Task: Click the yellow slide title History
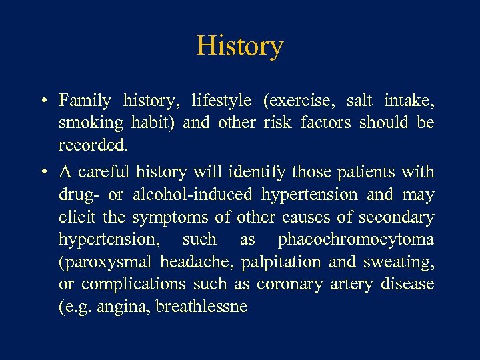click(x=240, y=46)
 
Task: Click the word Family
click(x=85, y=101)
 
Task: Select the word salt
click(x=359, y=101)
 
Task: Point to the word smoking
click(x=91, y=123)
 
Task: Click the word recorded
click(x=91, y=145)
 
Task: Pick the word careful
click(x=105, y=172)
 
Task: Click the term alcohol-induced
click(x=193, y=195)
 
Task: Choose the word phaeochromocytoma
click(x=356, y=239)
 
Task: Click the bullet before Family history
click(x=43, y=101)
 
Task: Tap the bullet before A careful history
click(x=43, y=173)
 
